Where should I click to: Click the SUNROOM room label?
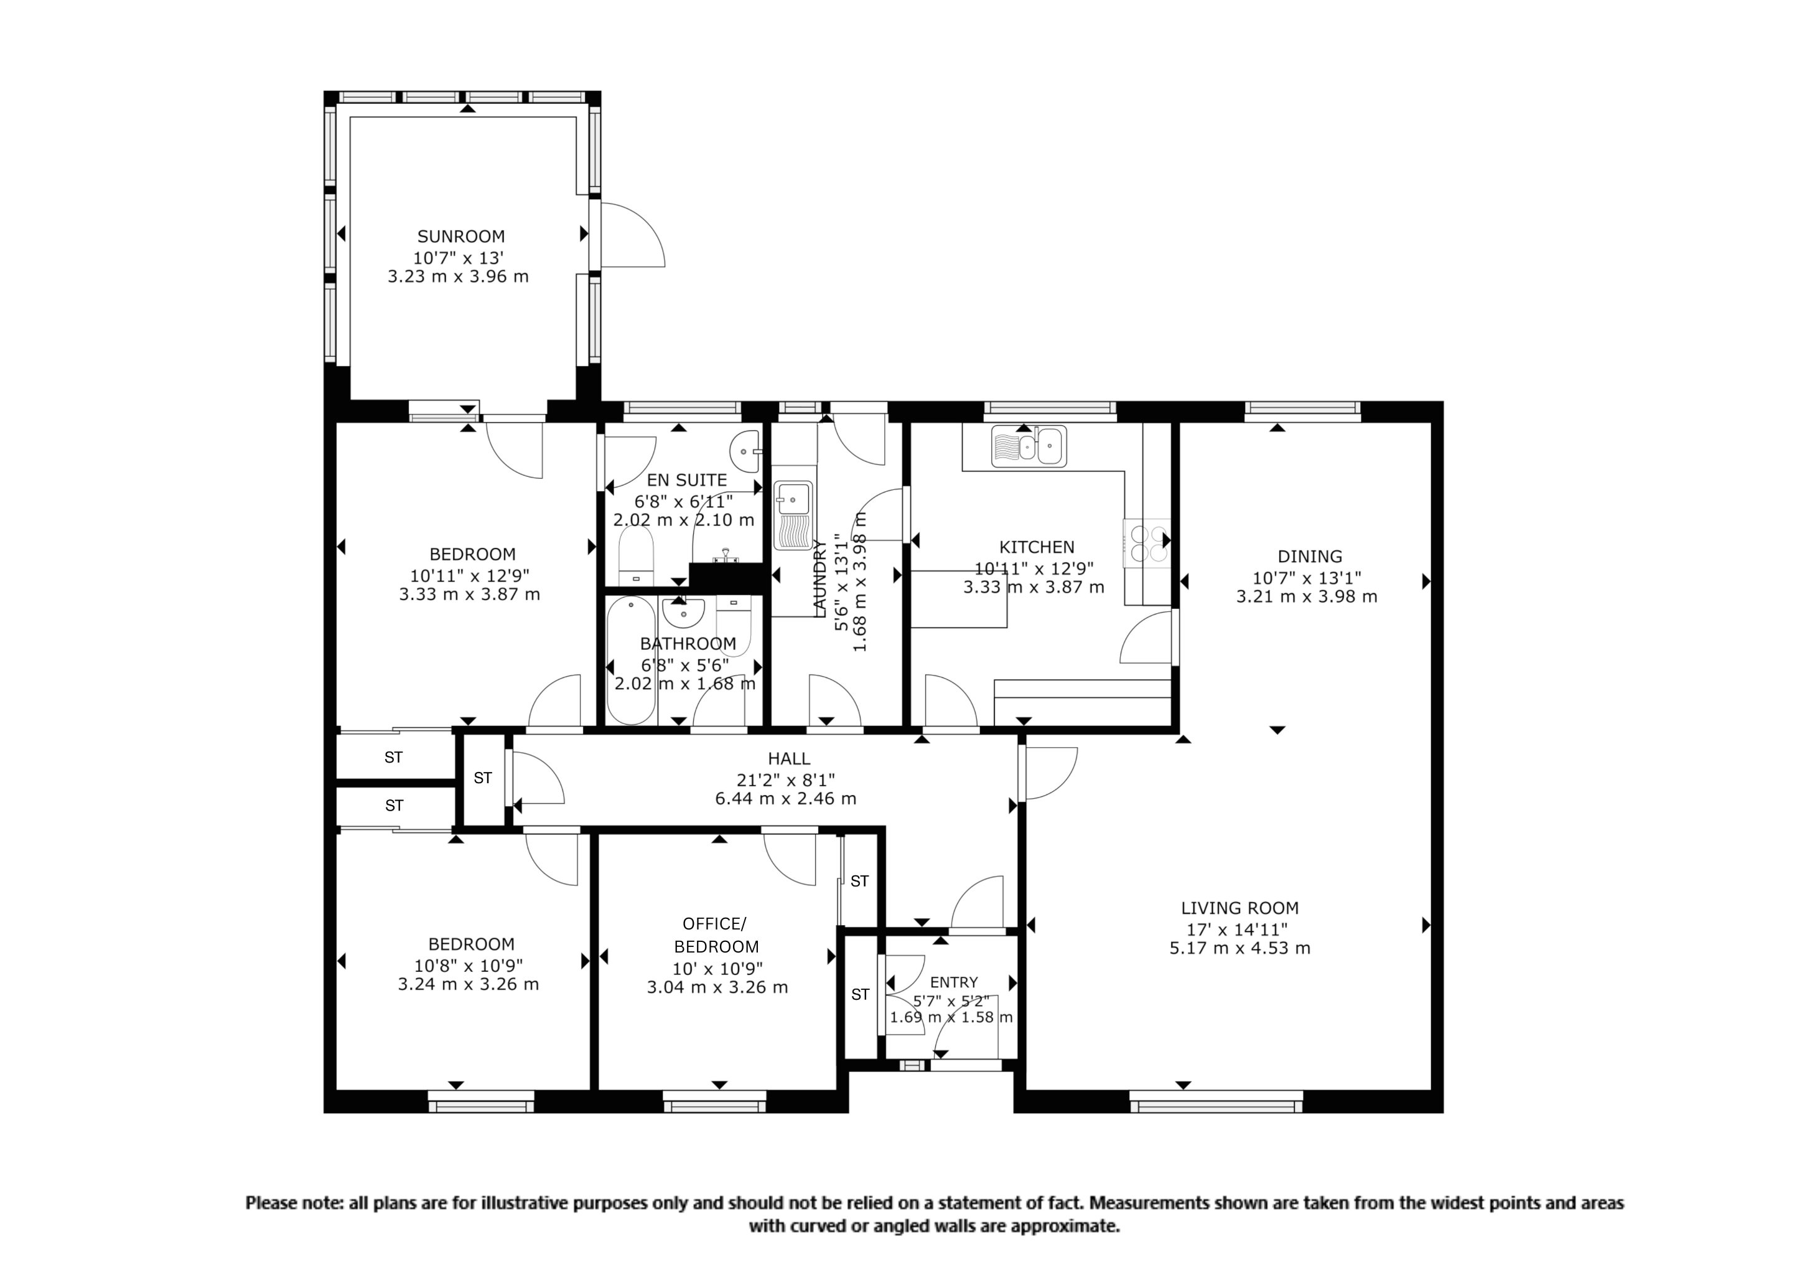460,237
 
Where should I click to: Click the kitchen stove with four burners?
1147,543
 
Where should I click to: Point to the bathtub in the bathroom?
631,661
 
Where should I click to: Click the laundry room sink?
793,514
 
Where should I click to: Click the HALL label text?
789,758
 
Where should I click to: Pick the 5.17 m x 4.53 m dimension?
1239,948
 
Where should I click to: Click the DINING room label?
1309,557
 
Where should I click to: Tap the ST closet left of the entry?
860,995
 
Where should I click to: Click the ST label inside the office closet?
859,881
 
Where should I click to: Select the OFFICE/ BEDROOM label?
716,934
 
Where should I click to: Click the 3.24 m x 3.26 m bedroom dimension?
468,984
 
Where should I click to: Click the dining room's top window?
1303,408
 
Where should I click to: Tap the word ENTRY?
954,982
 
